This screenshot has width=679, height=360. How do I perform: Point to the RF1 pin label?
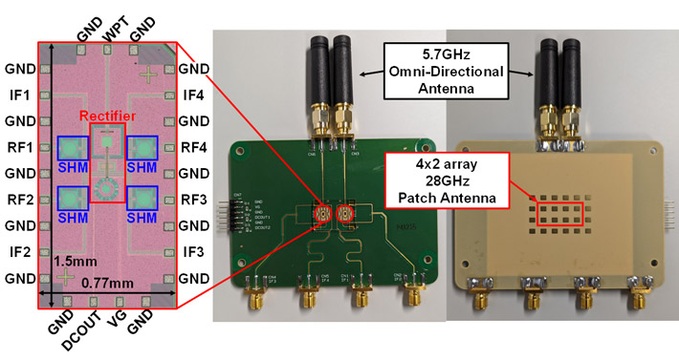coord(19,147)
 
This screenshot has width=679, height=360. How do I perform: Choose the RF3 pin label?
coord(194,200)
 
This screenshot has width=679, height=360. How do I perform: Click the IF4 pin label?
coord(194,95)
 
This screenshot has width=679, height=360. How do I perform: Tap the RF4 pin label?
coord(194,147)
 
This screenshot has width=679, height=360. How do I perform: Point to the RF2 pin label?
coord(19,200)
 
